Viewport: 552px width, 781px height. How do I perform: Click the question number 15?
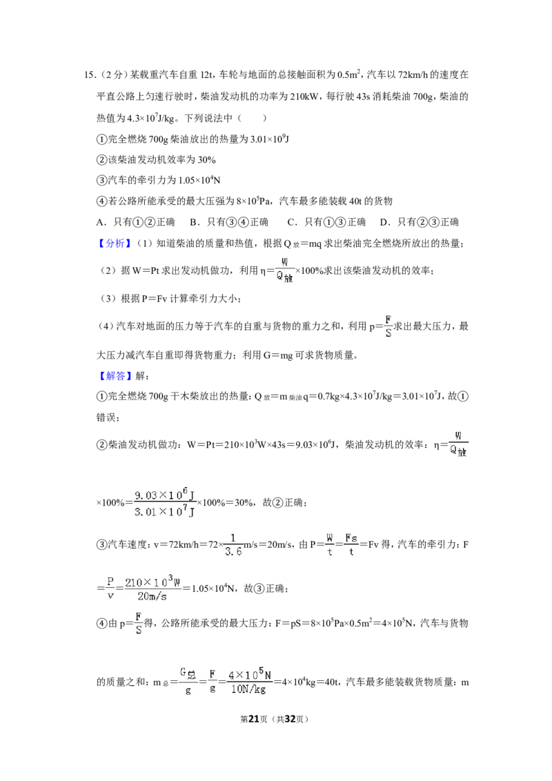89,75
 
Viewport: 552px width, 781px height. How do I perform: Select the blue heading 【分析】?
115,243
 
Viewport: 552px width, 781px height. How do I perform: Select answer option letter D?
384,222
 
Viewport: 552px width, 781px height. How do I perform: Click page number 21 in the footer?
254,719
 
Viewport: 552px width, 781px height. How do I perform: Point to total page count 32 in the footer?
290,719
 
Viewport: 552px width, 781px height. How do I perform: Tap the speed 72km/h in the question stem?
413,75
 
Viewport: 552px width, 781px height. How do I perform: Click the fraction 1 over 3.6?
233,546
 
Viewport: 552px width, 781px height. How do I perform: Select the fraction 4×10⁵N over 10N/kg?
249,682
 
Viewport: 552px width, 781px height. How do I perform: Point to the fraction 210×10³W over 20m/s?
152,589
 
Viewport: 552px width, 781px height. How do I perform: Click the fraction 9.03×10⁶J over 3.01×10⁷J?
164,503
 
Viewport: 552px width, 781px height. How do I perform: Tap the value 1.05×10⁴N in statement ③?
199,180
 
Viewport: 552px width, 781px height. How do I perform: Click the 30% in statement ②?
206,160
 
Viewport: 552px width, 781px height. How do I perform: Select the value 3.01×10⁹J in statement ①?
270,139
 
